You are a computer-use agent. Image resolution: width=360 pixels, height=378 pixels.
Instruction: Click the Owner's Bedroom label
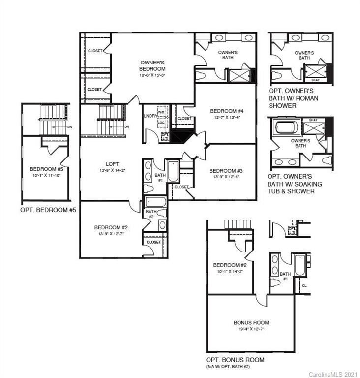tap(152, 66)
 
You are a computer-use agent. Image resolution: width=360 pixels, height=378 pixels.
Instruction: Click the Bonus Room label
tap(251, 323)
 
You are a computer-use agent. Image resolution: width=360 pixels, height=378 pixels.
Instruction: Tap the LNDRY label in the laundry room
tap(150, 116)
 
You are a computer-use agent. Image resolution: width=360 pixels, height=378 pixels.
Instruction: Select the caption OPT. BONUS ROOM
tap(235, 360)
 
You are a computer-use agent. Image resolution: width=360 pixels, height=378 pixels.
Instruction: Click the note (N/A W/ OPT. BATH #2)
tap(233, 367)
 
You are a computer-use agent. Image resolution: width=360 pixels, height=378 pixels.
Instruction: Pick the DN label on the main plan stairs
tap(126, 127)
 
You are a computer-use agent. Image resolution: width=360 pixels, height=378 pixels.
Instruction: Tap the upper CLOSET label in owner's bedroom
tap(94, 51)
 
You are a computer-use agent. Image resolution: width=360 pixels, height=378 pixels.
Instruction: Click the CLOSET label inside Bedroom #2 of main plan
tap(153, 242)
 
